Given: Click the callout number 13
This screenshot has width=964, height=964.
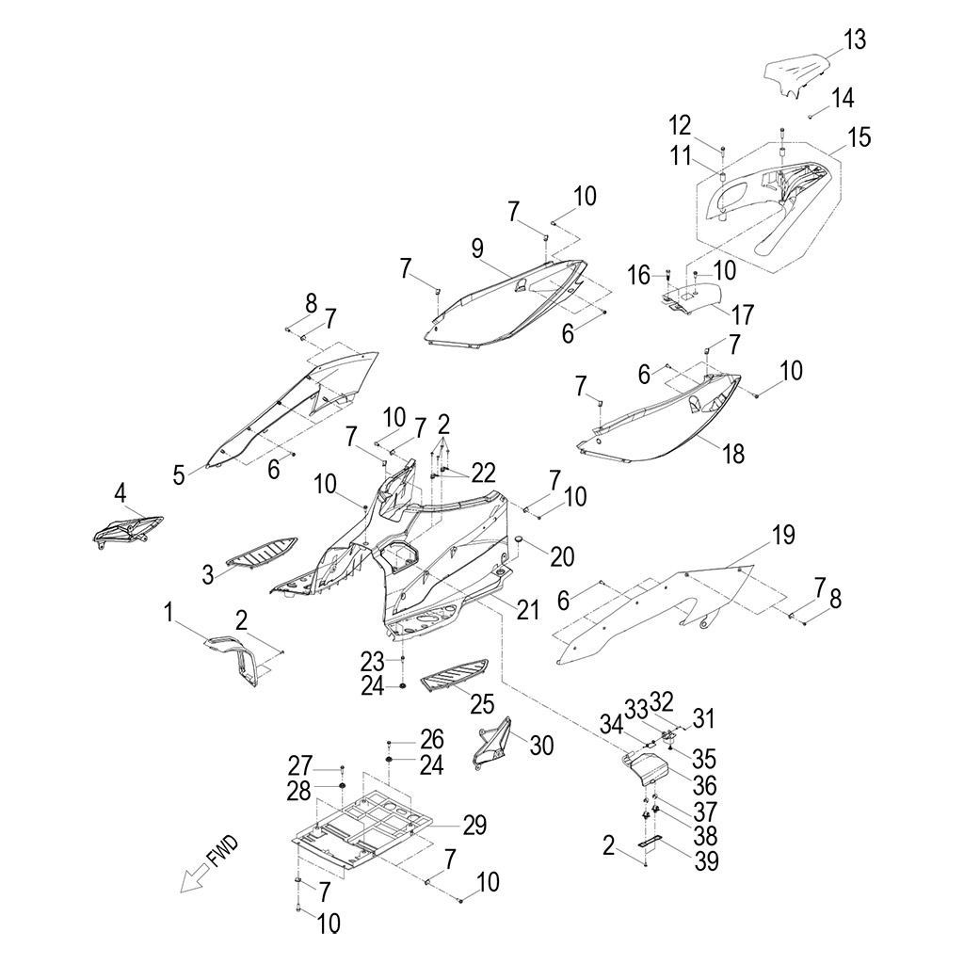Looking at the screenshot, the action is (x=854, y=40).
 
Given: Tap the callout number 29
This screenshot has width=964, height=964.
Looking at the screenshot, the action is (x=474, y=825).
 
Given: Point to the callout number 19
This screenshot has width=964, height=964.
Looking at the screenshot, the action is (x=782, y=535).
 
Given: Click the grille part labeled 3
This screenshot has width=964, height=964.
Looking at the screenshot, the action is (x=262, y=553).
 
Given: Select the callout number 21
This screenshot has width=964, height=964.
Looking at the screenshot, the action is (x=527, y=610).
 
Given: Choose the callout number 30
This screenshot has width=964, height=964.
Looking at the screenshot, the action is (x=541, y=746).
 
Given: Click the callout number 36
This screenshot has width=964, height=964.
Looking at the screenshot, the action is (x=704, y=785).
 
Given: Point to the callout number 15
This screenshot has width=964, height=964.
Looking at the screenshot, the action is (x=859, y=137).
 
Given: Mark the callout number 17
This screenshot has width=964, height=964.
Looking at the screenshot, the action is (x=742, y=314).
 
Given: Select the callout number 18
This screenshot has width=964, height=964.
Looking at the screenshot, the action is (x=732, y=454).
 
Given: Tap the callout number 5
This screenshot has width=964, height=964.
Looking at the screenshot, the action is (x=179, y=474).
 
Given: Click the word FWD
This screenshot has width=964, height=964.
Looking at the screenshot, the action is (x=223, y=851).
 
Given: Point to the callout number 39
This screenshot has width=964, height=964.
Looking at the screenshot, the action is (x=706, y=861).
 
